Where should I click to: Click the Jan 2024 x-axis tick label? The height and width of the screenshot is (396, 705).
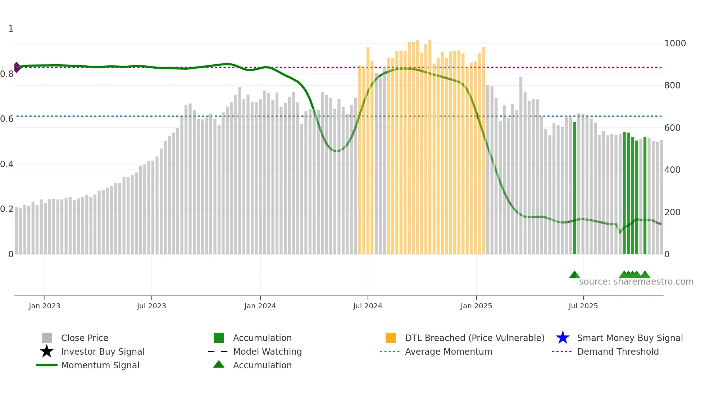tap(260, 306)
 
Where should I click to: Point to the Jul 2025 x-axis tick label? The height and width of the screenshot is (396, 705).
tap(583, 306)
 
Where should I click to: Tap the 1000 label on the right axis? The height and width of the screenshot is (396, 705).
tap(675, 43)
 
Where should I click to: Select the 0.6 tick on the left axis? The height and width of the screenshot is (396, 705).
tap(7, 119)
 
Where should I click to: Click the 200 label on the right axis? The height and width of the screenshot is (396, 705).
tap(672, 212)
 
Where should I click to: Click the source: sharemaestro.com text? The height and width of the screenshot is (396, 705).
tap(636, 282)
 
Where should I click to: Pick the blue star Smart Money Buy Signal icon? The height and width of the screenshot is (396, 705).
tap(563, 338)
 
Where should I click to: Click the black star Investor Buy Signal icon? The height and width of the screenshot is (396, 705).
tap(47, 351)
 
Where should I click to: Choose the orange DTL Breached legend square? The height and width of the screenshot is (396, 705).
tap(391, 338)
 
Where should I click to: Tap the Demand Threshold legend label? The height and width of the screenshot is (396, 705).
tap(618, 351)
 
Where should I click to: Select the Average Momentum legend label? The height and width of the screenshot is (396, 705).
tap(448, 351)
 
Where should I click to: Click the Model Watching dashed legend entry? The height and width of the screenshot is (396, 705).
tap(218, 351)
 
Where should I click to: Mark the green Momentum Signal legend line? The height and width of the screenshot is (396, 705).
tap(47, 365)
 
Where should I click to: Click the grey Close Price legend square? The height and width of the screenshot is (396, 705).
tap(47, 338)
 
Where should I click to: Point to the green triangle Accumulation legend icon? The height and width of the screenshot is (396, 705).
tap(219, 364)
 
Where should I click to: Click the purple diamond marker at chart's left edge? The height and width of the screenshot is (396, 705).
tap(17, 67)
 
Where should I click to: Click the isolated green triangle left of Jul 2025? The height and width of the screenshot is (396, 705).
tap(574, 275)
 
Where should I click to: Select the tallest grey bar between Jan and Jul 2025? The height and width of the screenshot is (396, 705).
tap(520, 165)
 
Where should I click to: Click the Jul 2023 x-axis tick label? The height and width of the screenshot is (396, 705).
tap(151, 306)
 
